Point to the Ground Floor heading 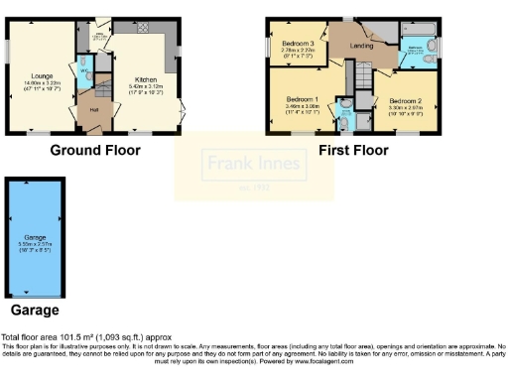(95, 151)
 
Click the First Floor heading (353, 151)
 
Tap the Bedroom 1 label (302, 100)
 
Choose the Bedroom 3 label (298, 44)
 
